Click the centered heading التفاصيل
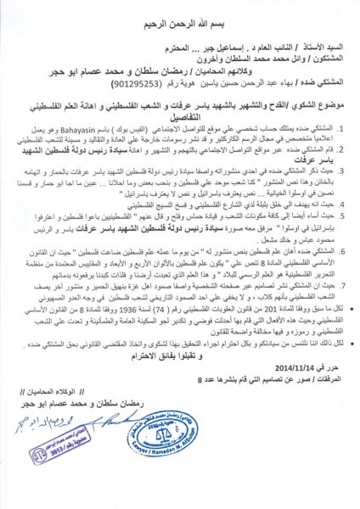(179, 132)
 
